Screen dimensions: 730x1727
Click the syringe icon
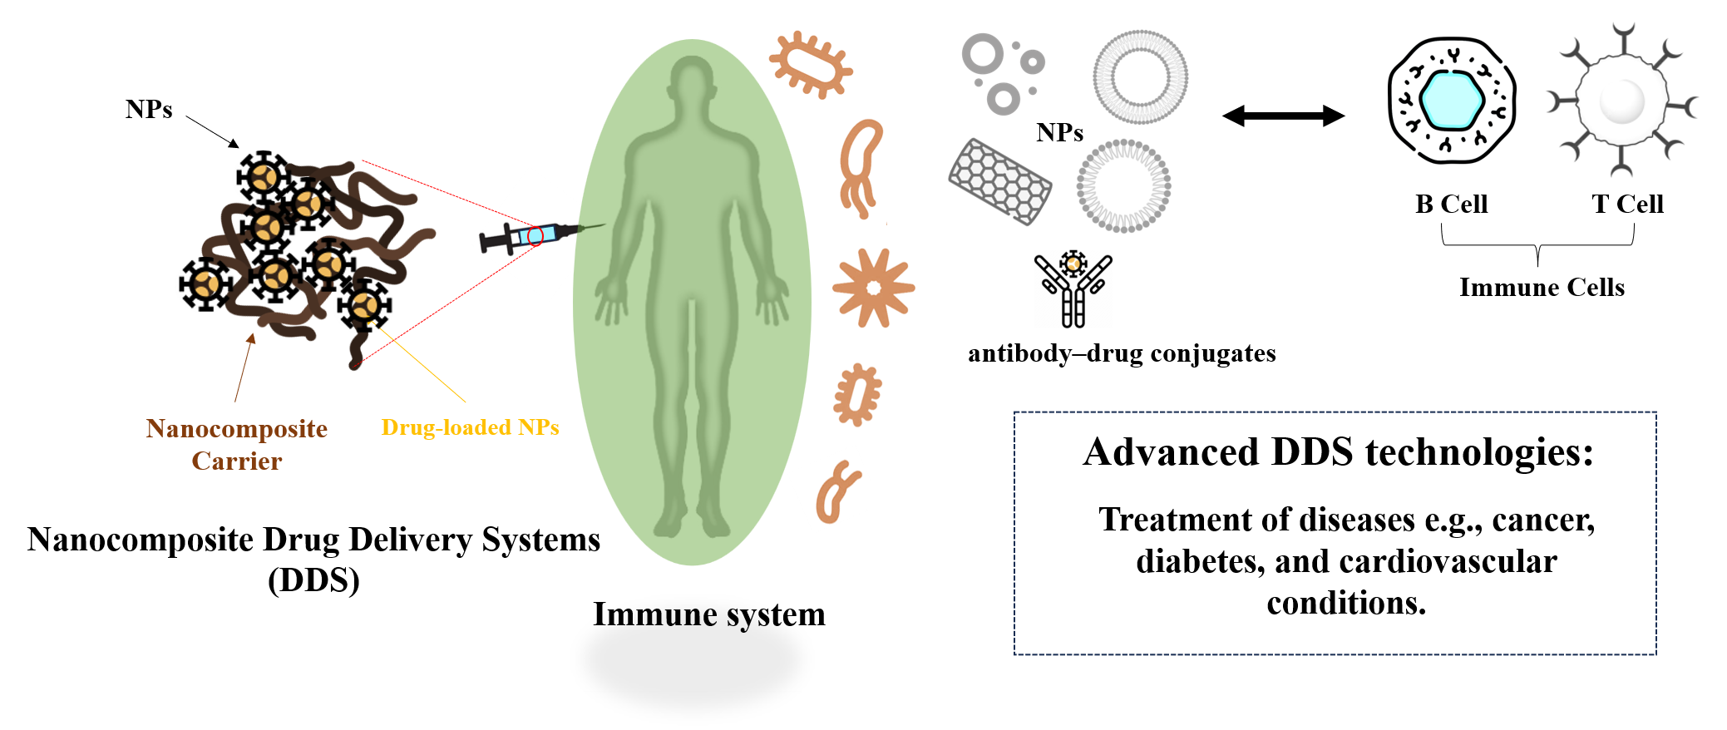[x=532, y=237]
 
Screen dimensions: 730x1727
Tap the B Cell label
[x=1451, y=204]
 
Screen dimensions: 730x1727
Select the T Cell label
[x=1627, y=204]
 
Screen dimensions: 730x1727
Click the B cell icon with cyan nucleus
[x=1452, y=100]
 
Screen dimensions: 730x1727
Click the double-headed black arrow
[x=1283, y=116]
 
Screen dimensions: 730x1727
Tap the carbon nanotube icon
[x=999, y=180]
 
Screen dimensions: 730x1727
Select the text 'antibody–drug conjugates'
[x=1122, y=353]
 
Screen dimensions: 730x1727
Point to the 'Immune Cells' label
[x=1542, y=287]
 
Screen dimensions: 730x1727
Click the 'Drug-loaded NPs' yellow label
[x=470, y=427]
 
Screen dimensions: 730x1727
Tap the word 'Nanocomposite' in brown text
[x=237, y=428]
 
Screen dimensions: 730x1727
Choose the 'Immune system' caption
[x=708, y=614]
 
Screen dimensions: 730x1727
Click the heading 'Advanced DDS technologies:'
[x=1338, y=452]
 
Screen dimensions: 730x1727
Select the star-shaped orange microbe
[x=873, y=288]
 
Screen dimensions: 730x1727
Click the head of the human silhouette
[x=692, y=79]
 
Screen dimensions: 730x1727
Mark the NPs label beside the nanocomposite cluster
[x=149, y=109]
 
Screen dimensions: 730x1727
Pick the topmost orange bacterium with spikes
[x=811, y=64]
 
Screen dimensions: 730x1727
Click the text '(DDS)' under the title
[x=313, y=580]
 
